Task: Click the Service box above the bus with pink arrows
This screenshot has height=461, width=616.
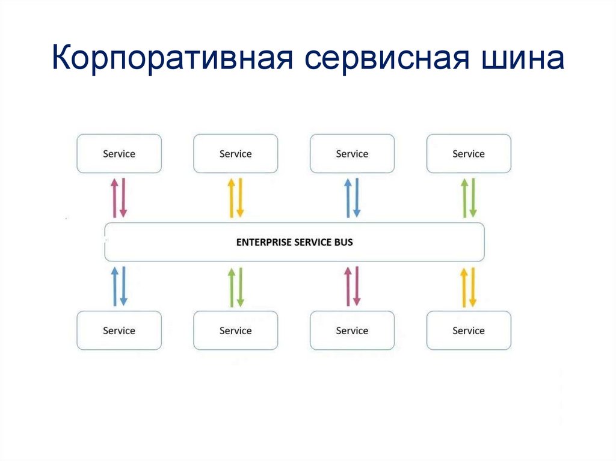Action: pyautogui.click(x=119, y=154)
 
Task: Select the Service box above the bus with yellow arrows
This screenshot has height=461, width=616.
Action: pyautogui.click(x=235, y=154)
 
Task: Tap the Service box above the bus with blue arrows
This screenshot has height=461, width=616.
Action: pyautogui.click(x=352, y=154)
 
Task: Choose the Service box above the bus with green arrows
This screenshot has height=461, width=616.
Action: pyautogui.click(x=469, y=154)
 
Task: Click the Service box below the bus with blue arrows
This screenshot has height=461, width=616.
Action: pyautogui.click(x=119, y=331)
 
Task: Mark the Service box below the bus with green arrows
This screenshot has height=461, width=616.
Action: pyautogui.click(x=235, y=331)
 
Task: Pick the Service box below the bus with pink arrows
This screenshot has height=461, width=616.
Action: pyautogui.click(x=352, y=331)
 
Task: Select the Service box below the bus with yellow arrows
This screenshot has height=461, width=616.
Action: pyautogui.click(x=469, y=331)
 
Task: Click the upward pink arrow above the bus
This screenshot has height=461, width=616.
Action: pyautogui.click(x=114, y=197)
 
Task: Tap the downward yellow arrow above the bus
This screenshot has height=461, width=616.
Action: pyautogui.click(x=240, y=197)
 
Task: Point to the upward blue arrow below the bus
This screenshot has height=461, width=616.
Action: pyautogui.click(x=114, y=286)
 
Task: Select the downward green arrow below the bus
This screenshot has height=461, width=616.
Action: pyautogui.click(x=240, y=286)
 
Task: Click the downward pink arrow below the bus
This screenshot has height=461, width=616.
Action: pyautogui.click(x=357, y=286)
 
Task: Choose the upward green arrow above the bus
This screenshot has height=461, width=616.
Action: pyautogui.click(x=464, y=197)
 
